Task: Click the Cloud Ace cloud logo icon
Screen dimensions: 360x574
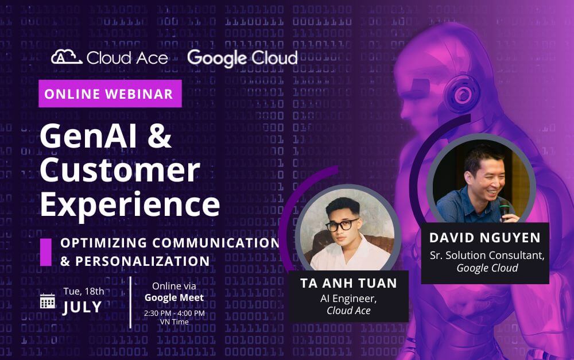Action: point(66,57)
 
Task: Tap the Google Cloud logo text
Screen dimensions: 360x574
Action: point(242,58)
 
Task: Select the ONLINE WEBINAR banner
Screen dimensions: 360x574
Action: point(110,94)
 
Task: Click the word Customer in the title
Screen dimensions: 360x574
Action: point(119,169)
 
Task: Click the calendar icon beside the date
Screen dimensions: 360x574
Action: point(48,300)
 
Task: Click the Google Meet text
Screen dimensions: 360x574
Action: point(174,297)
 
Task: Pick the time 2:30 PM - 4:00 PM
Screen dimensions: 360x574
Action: point(174,313)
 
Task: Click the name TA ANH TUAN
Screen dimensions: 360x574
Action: point(348,284)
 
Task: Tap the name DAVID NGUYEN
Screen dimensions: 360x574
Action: point(485,238)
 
